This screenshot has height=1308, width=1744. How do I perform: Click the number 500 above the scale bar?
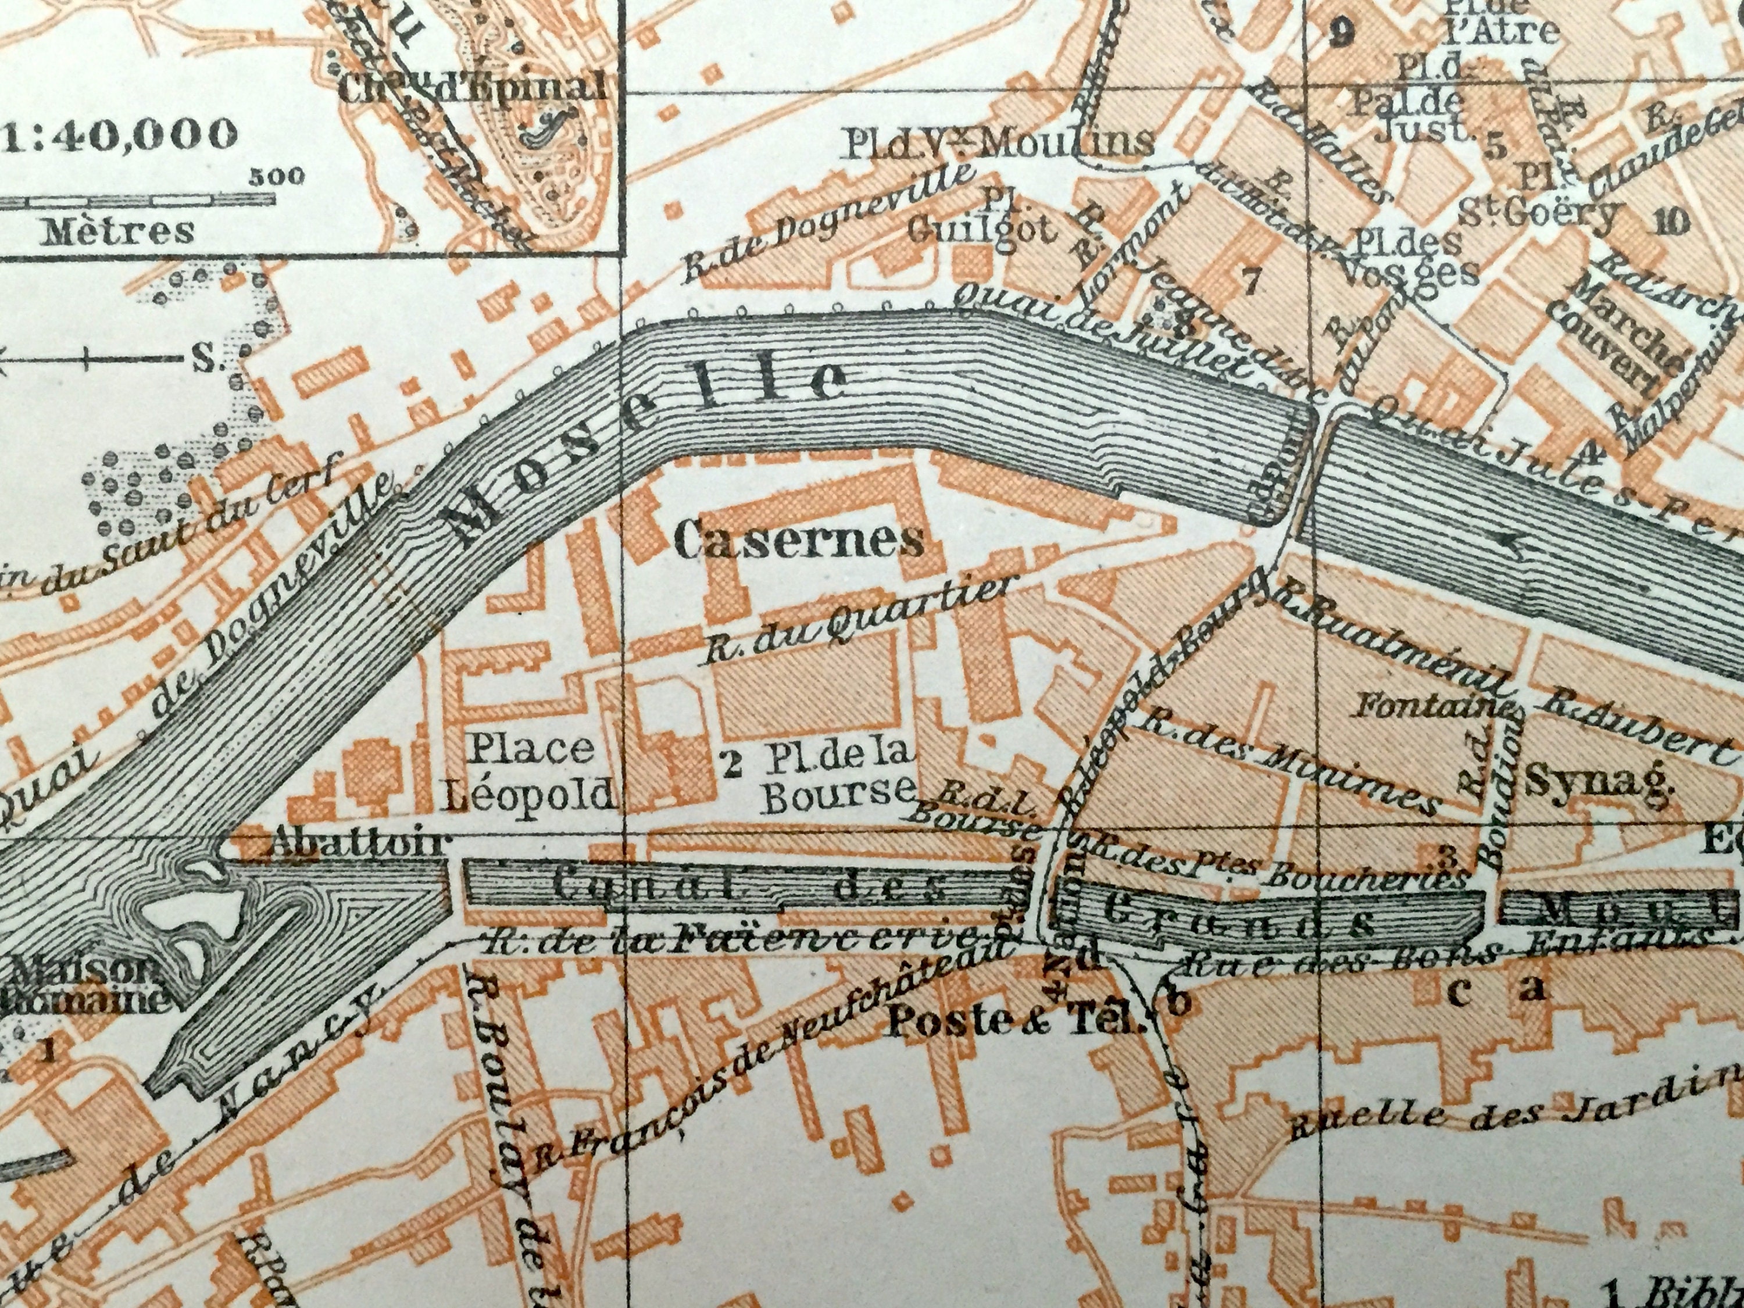[277, 176]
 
